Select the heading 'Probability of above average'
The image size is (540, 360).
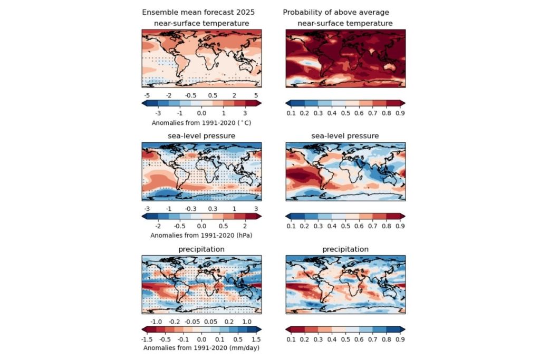[335, 13]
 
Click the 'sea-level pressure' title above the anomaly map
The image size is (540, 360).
[201, 136]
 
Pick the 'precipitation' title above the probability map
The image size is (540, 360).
[345, 249]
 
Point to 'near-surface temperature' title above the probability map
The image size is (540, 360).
[345, 23]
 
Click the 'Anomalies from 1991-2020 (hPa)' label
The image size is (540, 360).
[201, 235]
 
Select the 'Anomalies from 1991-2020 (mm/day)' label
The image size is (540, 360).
[201, 347]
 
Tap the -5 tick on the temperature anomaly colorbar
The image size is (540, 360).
[147, 95]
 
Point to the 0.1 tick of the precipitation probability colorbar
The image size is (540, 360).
[291, 339]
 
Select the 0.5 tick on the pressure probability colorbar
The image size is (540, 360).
[345, 226]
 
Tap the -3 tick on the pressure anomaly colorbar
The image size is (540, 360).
[147, 208]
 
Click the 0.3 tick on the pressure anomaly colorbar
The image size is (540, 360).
[213, 208]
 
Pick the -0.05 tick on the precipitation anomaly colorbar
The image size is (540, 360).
[194, 321]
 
